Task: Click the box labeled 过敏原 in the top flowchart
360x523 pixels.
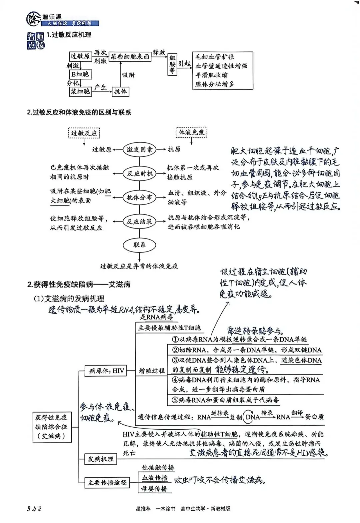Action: (x=80, y=56)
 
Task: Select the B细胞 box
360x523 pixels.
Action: (x=80, y=74)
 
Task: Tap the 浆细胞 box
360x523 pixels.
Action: (x=80, y=91)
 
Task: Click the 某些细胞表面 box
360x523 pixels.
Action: (x=130, y=57)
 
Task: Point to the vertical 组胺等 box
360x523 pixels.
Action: (x=172, y=64)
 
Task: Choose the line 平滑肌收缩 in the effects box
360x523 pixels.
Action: (x=212, y=75)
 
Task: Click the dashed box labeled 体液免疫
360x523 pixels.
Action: (x=191, y=132)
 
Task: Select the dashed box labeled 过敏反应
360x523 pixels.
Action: (x=84, y=133)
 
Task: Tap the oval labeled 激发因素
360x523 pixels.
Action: (x=139, y=150)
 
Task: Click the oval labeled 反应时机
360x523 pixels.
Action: (x=140, y=173)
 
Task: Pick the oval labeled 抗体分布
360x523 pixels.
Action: (x=139, y=197)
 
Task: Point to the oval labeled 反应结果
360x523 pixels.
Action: (x=139, y=221)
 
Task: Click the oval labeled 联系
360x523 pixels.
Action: (x=139, y=245)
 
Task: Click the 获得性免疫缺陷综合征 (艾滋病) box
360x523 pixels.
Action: (x=51, y=427)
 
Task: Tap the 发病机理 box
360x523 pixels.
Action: (x=100, y=459)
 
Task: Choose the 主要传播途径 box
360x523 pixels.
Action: (x=107, y=483)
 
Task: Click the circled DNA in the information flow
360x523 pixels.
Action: (x=252, y=417)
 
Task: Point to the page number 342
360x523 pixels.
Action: (x=34, y=509)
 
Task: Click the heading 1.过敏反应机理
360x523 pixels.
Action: (x=69, y=35)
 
